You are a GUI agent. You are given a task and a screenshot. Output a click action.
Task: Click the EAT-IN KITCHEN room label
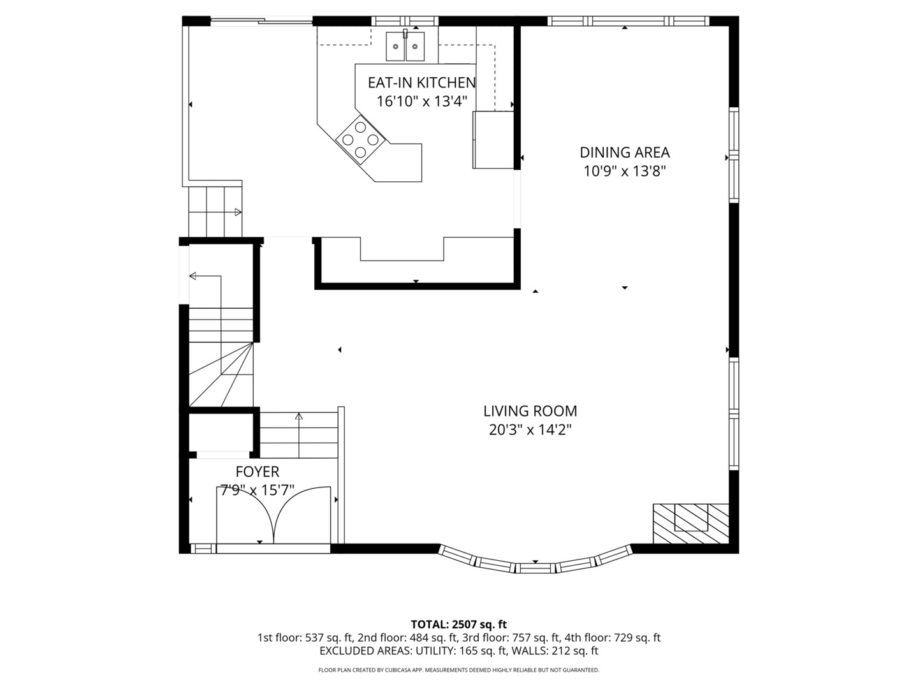[421, 83]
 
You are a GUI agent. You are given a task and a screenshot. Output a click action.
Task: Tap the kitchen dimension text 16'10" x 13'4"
[421, 101]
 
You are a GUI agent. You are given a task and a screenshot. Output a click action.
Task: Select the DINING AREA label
[624, 152]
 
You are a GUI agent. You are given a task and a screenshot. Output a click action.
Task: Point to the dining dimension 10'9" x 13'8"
[624, 171]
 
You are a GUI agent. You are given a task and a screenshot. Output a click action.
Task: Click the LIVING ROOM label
[530, 411]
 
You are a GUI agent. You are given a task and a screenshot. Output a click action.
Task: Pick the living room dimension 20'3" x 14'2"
[530, 429]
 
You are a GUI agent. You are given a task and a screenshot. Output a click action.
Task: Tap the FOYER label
[257, 471]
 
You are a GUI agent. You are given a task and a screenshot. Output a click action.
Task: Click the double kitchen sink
[405, 46]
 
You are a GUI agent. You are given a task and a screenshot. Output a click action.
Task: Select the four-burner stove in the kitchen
[360, 139]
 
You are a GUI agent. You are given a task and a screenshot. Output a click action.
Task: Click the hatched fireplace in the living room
[690, 523]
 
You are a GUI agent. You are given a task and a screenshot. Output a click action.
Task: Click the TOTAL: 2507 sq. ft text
[459, 624]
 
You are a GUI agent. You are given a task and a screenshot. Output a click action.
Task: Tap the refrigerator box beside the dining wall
[493, 140]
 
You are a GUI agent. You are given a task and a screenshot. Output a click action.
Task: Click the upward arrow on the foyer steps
[298, 435]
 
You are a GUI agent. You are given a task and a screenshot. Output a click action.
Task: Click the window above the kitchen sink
[404, 21]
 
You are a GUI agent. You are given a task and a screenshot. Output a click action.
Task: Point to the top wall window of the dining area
[628, 21]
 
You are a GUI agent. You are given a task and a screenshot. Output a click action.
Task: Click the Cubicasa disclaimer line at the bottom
[459, 670]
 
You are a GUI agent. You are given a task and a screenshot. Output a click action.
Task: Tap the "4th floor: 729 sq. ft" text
[612, 637]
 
